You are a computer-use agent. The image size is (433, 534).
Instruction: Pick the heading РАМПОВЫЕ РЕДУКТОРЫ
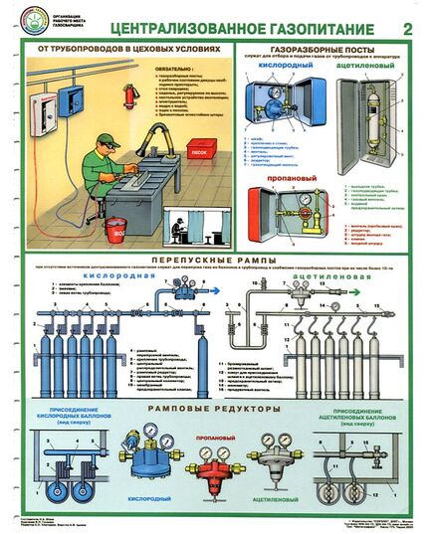pos(215,409)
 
